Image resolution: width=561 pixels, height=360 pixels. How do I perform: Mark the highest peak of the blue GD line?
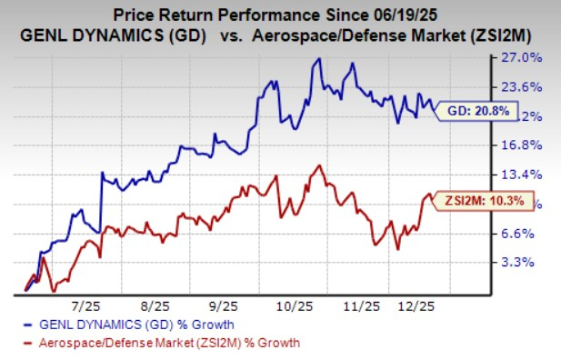[317, 59]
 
